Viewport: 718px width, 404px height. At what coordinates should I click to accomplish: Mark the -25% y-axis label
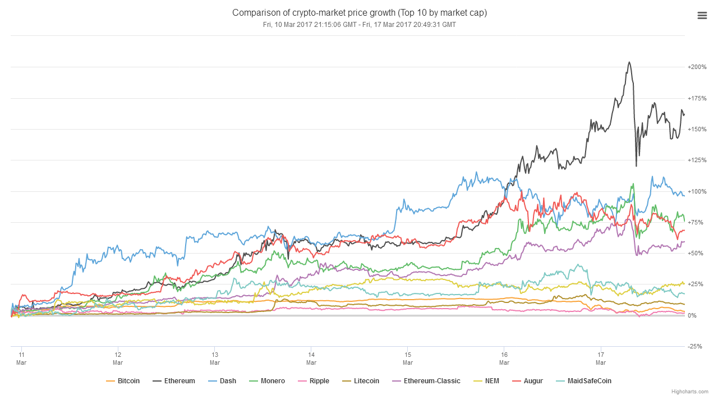click(x=695, y=347)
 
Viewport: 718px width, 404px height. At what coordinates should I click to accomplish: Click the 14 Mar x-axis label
click(x=311, y=358)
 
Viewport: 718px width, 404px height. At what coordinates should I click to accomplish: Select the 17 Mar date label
click(x=601, y=358)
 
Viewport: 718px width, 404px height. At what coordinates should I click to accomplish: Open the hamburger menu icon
click(x=702, y=16)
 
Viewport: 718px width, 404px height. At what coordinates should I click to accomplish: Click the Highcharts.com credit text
click(x=690, y=392)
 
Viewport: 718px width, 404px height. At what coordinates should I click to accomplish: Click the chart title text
click(x=359, y=12)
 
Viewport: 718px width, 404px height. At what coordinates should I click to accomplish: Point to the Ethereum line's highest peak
click(x=629, y=62)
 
